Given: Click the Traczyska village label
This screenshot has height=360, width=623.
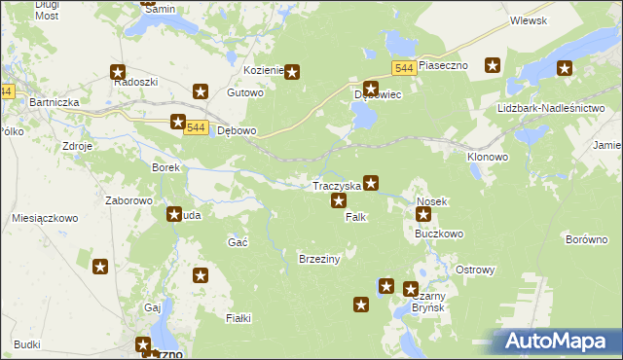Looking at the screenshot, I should coord(336,185).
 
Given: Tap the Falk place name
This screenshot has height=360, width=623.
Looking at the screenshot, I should coord(355,217).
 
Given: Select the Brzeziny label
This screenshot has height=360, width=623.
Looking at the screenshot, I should coord(318,259).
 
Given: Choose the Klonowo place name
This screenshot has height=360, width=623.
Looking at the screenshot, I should coord(488,156).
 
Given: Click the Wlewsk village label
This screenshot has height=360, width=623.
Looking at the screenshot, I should coord(529,20).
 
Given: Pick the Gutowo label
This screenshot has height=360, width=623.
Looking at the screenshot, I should coord(245,93).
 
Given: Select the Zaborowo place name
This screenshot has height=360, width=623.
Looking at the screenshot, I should coord(129,200).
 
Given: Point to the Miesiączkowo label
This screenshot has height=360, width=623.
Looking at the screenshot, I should coord(44,219).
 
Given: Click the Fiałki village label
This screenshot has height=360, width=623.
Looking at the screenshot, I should coord(238,318).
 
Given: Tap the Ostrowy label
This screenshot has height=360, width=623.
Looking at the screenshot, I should coord(476,270).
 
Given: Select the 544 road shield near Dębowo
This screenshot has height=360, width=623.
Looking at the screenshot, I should coord(196,128).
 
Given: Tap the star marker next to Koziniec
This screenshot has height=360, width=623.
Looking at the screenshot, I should coord(290,71).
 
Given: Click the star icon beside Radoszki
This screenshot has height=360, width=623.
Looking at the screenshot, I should coord(118,71).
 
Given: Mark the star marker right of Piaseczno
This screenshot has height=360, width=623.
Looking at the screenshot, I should coord(493,65).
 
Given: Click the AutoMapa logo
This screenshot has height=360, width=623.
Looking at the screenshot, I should coord(556,342).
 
